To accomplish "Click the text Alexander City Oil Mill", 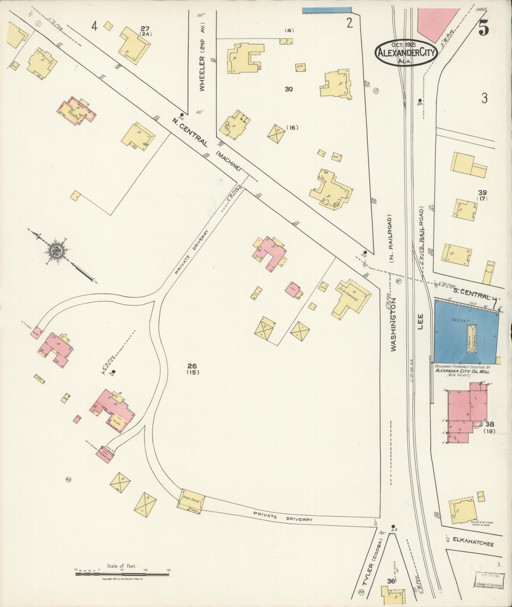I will [462, 371].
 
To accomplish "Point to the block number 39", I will [482, 193].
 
